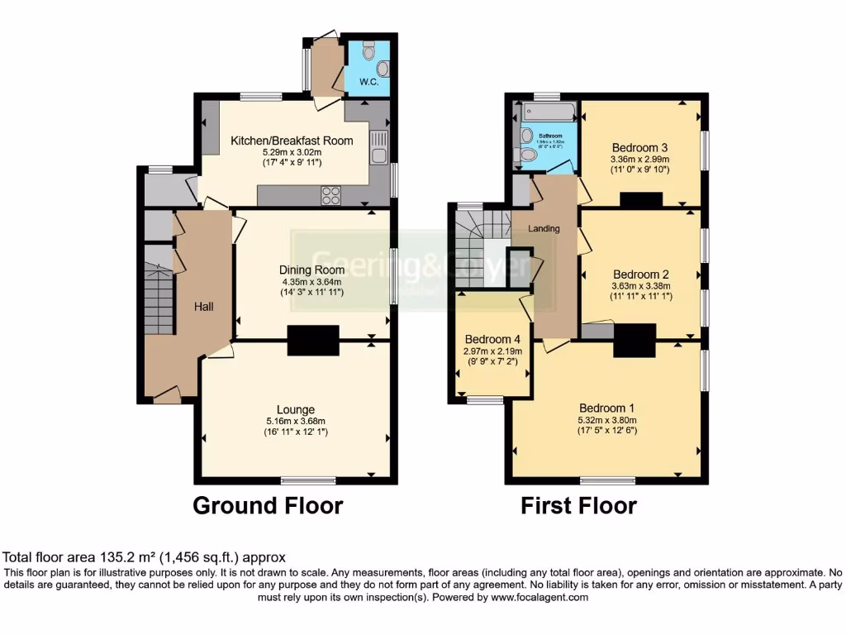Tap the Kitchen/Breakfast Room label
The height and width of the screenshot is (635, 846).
[x=292, y=141]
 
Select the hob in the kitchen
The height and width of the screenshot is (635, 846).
[x=330, y=196]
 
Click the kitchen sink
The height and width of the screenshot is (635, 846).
[x=379, y=148]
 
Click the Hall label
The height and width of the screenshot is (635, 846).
[x=204, y=307]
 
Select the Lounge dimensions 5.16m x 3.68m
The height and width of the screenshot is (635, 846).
[x=295, y=421]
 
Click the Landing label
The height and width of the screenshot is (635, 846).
[x=544, y=229]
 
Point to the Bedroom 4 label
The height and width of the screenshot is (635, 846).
[x=492, y=339]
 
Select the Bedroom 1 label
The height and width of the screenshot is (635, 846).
[x=607, y=408]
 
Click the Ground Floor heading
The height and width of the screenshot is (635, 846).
[x=268, y=505]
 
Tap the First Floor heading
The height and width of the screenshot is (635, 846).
[x=578, y=505]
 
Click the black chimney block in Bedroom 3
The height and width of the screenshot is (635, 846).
[x=641, y=200]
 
